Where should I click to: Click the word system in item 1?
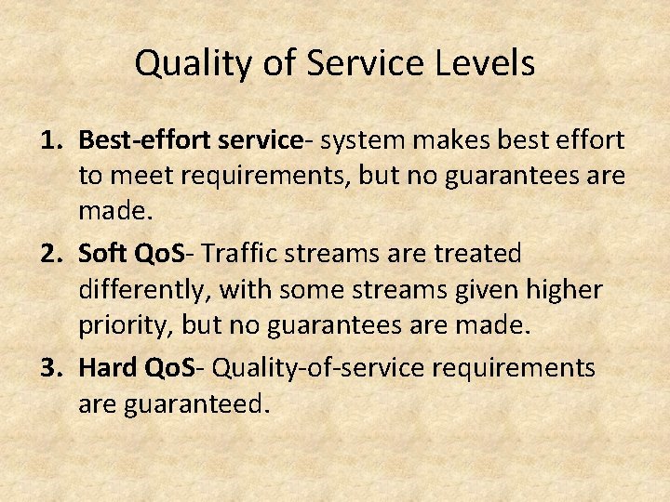coord(362,140)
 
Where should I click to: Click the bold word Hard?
coord(109,368)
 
